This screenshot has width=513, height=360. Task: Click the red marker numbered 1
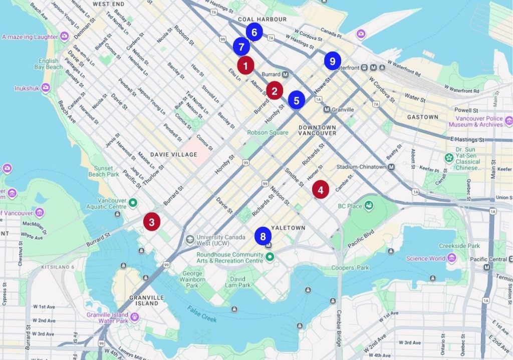(x=245, y=66)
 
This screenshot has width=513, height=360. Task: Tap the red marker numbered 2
(x=274, y=91)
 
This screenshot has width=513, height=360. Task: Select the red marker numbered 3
(x=152, y=221)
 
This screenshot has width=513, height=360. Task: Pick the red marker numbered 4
(x=320, y=189)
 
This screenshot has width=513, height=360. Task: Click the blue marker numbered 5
(x=296, y=100)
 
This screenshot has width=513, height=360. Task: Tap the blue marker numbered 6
(x=254, y=33)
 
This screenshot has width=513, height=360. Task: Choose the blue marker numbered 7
(x=241, y=47)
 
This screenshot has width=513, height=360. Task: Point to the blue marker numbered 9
(x=332, y=61)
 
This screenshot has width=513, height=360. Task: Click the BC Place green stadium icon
(x=369, y=206)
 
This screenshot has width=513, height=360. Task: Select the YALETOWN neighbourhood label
(x=288, y=227)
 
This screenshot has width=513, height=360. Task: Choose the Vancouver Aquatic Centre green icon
(x=133, y=203)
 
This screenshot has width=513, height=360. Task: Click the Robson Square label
(x=268, y=133)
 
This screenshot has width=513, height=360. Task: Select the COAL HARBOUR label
(x=262, y=20)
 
